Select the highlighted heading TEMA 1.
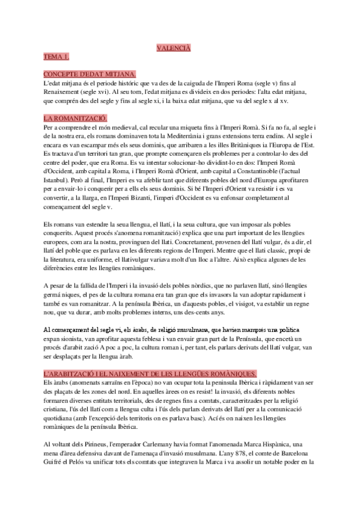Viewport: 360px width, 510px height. [x=56, y=57]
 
